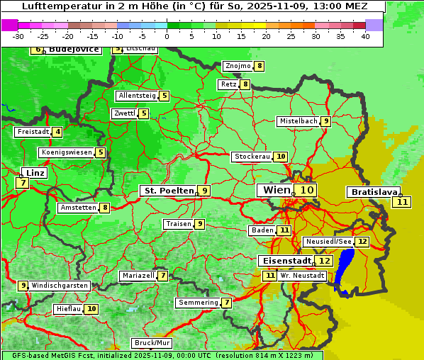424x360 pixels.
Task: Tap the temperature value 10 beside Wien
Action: pyautogui.click(x=306, y=190)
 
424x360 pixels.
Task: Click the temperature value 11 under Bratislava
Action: pyautogui.click(x=402, y=202)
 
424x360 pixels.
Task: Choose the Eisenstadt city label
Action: pyautogui.click(x=284, y=261)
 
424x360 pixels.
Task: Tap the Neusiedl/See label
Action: pyautogui.click(x=328, y=242)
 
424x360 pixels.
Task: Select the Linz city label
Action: pyautogui.click(x=34, y=173)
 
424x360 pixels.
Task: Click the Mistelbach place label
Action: pyautogui.click(x=298, y=121)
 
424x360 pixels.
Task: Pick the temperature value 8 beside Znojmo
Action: pyautogui.click(x=260, y=66)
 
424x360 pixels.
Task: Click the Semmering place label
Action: pyautogui.click(x=198, y=303)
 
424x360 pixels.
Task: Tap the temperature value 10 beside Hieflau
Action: pyautogui.click(x=91, y=309)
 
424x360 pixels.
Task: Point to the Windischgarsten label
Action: pyautogui.click(x=60, y=285)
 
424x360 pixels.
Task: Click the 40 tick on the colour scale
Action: pyautogui.click(x=365, y=36)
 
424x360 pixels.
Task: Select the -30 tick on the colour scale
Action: pyautogui.click(x=18, y=36)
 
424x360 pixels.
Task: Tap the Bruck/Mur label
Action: pyautogui.click(x=152, y=343)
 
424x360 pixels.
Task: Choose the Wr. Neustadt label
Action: pyautogui.click(x=303, y=275)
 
